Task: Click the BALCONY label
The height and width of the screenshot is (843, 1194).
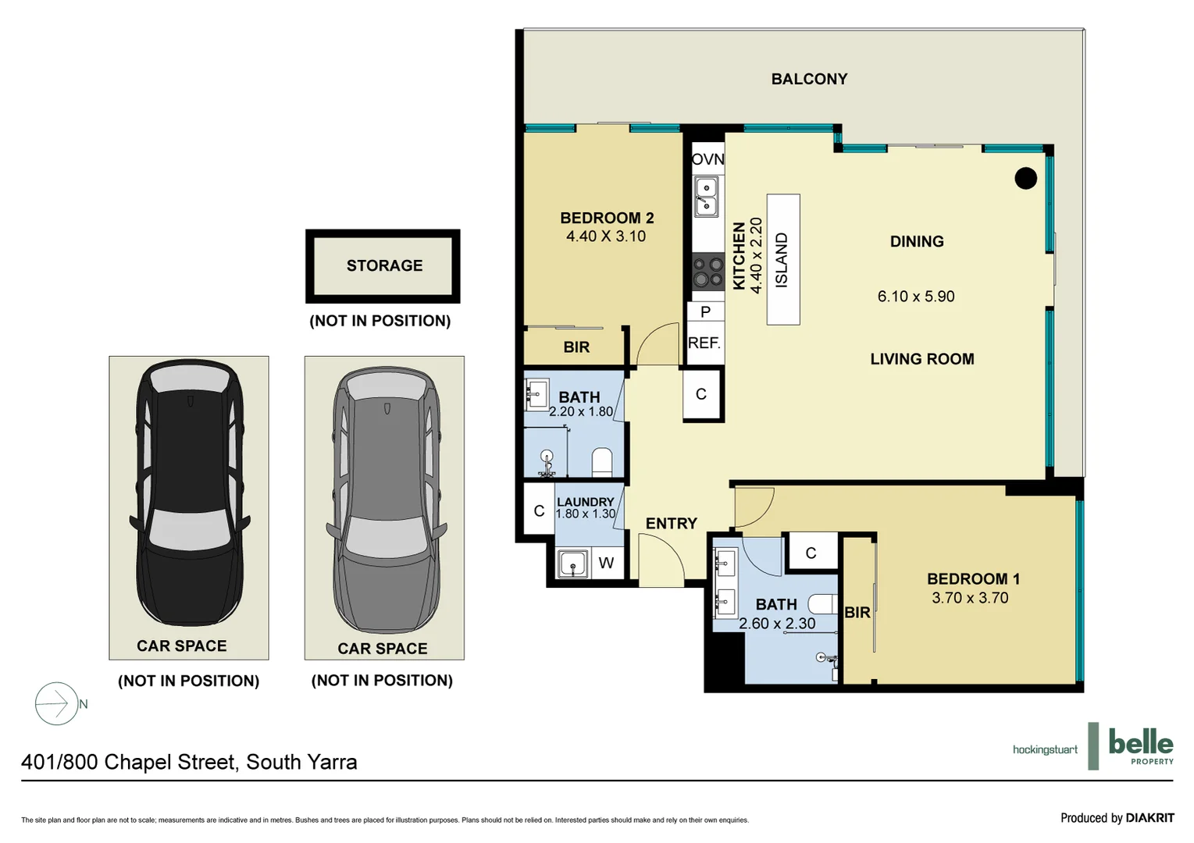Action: (809, 79)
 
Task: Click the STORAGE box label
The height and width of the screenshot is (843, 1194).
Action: (384, 265)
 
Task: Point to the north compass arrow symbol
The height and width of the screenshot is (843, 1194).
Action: (56, 704)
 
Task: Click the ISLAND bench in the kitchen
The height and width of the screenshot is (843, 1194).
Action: (782, 259)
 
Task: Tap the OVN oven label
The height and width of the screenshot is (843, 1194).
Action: (707, 159)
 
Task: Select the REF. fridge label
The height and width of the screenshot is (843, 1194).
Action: (704, 343)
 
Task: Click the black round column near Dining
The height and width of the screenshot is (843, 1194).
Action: (1025, 178)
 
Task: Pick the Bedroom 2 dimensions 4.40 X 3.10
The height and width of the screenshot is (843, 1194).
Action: (606, 237)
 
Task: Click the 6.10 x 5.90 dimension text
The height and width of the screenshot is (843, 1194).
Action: (916, 297)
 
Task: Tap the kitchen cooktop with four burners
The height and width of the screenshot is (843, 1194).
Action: (708, 272)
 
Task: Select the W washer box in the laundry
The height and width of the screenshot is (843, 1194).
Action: (606, 563)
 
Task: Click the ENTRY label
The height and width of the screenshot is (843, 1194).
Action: (671, 524)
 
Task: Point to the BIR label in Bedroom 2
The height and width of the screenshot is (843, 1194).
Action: (576, 347)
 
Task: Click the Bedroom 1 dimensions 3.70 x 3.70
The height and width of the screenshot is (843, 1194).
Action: (970, 598)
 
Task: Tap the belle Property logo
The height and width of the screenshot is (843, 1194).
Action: (1139, 745)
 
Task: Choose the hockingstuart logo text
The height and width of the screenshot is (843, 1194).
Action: (1044, 749)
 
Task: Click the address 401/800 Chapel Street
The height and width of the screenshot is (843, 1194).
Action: (189, 762)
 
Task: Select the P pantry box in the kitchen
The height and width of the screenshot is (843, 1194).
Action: (705, 312)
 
